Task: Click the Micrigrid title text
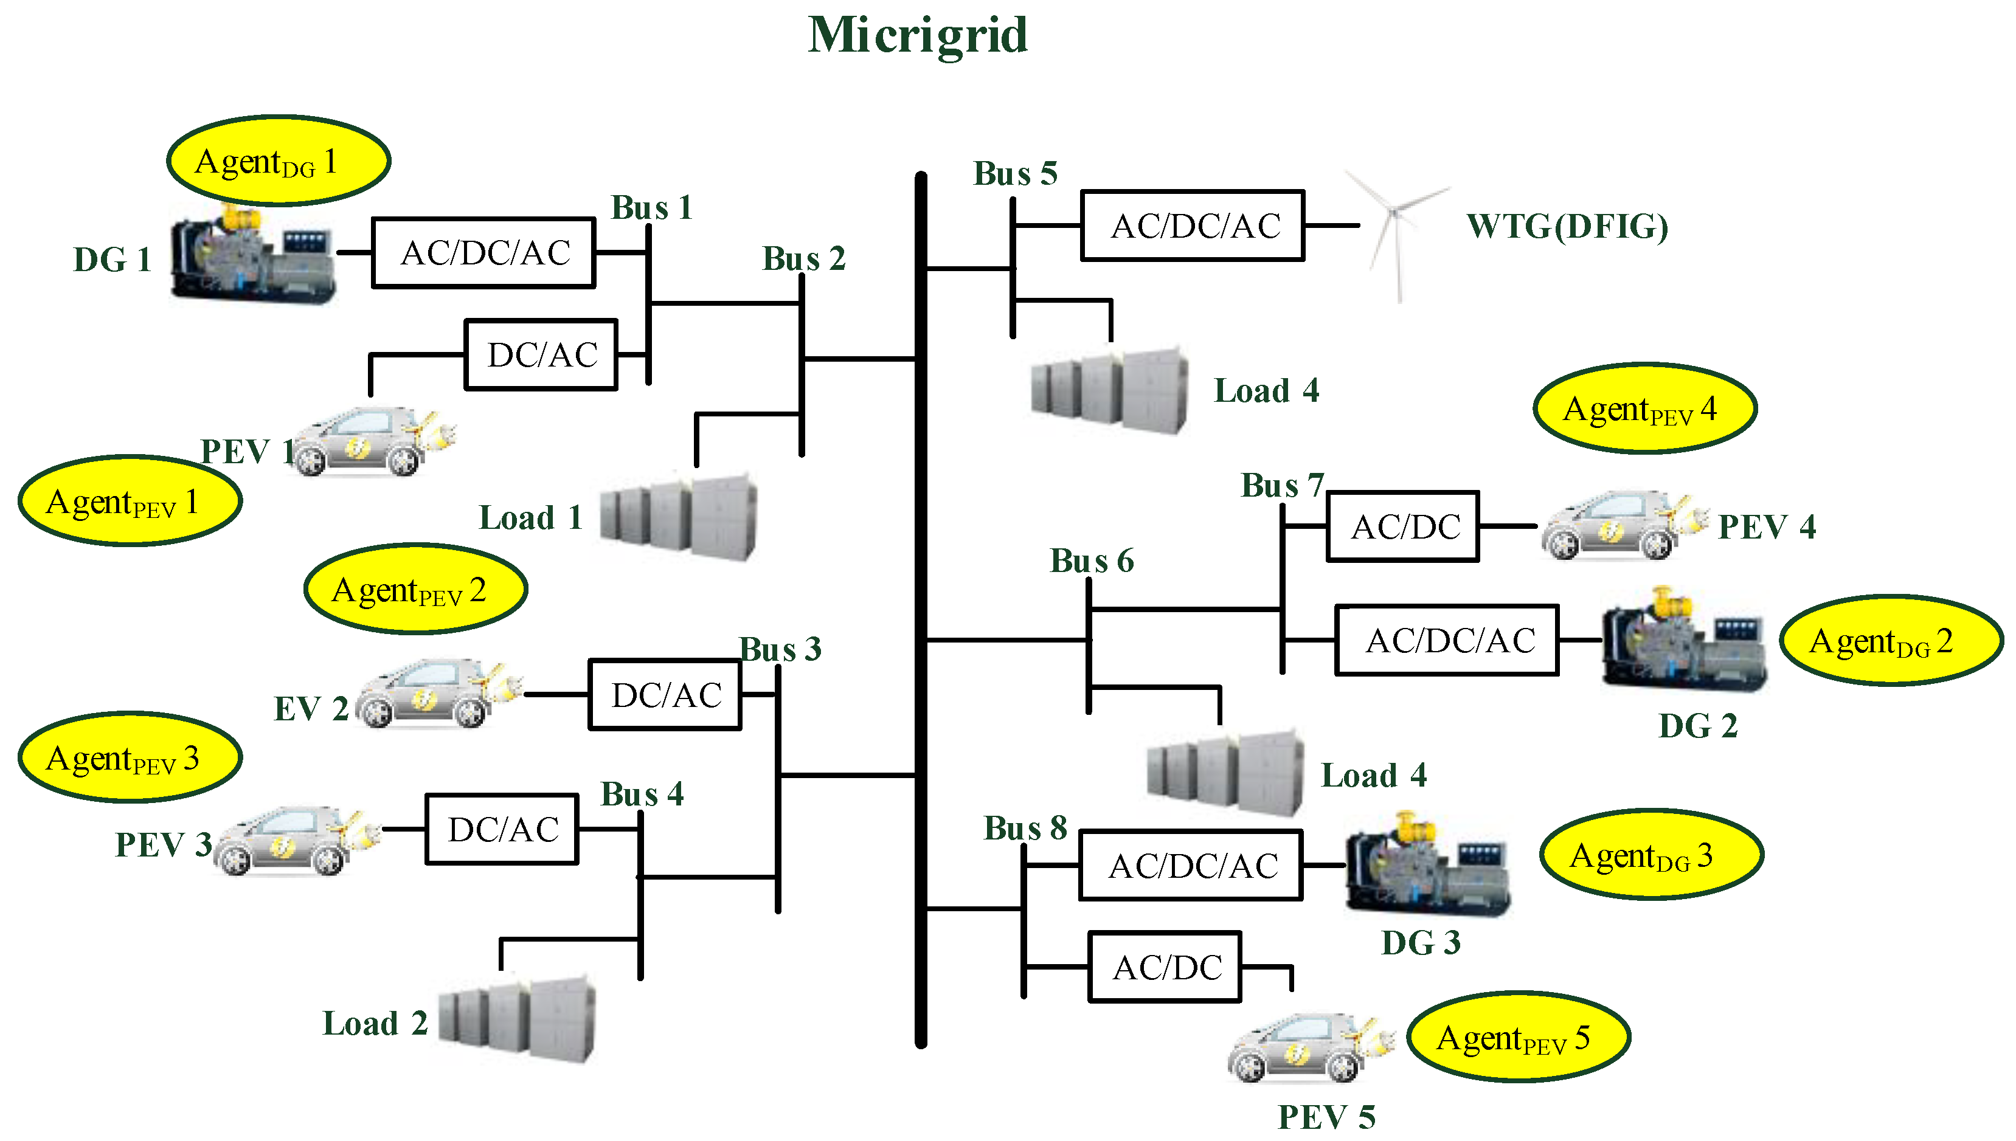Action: tap(917, 36)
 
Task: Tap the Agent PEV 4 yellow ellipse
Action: tap(1644, 408)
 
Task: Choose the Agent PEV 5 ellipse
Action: tap(1519, 1037)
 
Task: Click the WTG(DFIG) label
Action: tap(1567, 227)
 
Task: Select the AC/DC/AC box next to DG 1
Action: tap(483, 253)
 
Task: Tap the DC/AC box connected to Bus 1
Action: tap(541, 355)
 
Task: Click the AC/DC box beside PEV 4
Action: tap(1402, 526)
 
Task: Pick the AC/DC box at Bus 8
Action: tap(1165, 967)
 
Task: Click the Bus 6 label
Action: tap(1091, 561)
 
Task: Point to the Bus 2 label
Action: tap(803, 258)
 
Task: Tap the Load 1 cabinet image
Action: tap(679, 517)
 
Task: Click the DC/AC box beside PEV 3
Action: tap(502, 829)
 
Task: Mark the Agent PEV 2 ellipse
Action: tap(415, 589)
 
